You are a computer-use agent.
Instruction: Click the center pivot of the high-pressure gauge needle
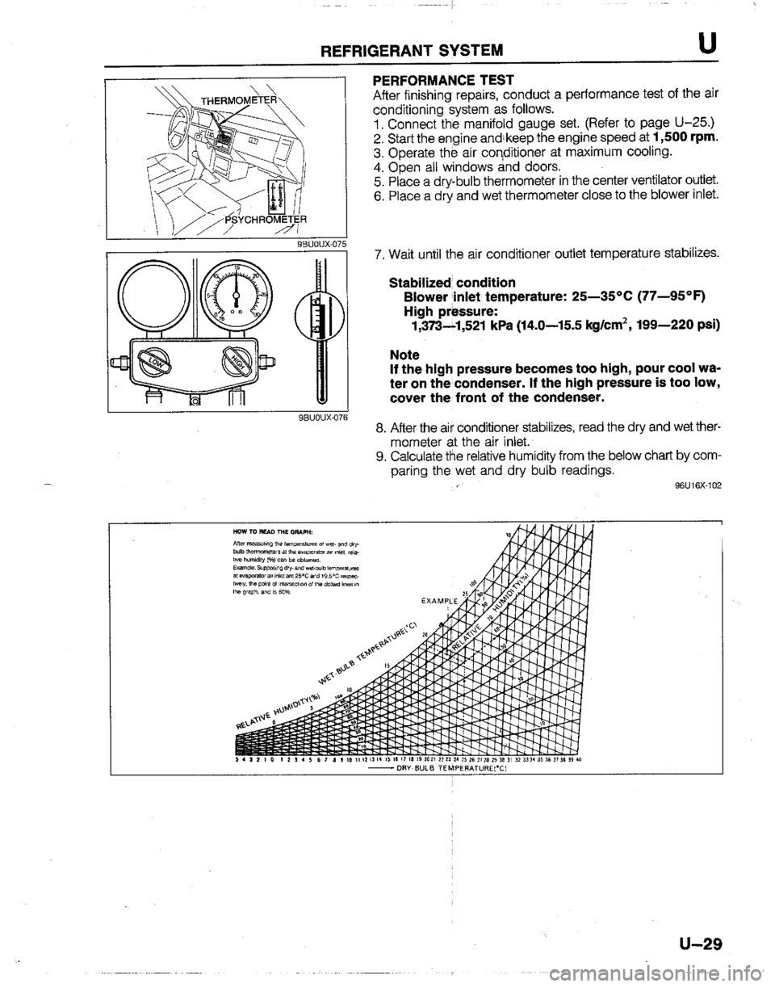tap(258, 295)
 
